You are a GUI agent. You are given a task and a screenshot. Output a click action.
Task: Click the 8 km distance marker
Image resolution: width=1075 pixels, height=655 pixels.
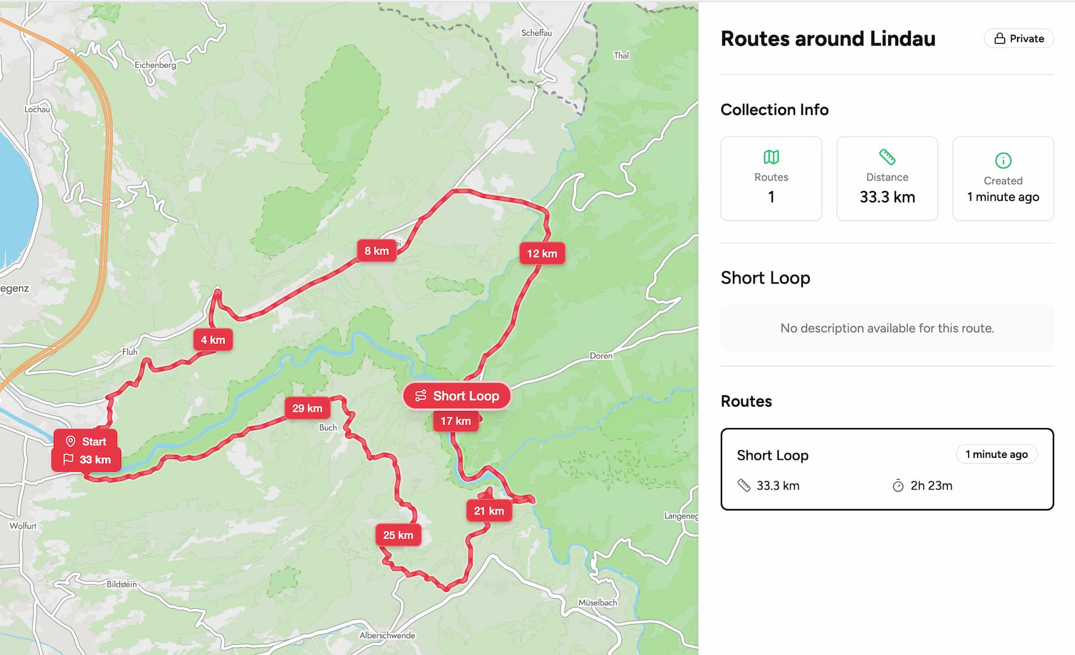click(376, 251)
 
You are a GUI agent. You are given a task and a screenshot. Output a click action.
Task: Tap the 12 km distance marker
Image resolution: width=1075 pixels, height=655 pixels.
click(542, 253)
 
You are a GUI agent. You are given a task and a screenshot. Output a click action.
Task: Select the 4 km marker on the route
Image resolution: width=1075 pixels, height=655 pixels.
click(213, 340)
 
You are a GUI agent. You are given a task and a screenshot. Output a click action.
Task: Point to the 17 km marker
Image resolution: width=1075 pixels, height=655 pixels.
click(455, 421)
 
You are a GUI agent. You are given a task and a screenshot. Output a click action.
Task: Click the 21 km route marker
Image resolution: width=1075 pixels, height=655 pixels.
click(489, 511)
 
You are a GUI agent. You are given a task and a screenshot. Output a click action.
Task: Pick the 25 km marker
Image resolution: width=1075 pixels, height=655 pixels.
click(398, 535)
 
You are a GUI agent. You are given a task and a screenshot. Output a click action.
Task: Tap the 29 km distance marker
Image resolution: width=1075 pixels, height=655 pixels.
click(307, 408)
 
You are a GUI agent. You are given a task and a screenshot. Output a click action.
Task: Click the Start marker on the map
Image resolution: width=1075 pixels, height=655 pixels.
click(86, 441)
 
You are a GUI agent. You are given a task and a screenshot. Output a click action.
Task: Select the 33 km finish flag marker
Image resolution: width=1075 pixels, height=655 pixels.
click(87, 460)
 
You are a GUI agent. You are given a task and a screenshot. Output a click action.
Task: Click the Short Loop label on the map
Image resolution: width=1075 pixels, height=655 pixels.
click(457, 396)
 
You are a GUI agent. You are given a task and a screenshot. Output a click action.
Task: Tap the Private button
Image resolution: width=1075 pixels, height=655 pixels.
click(1019, 39)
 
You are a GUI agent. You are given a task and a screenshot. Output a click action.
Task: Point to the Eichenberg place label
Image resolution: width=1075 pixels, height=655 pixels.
click(155, 65)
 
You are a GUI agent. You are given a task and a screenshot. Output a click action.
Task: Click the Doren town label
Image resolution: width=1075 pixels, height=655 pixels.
click(601, 356)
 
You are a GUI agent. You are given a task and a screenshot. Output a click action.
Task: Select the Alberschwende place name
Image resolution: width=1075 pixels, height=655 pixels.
click(387, 635)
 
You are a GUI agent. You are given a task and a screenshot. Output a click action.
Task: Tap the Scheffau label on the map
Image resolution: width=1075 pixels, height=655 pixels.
click(536, 33)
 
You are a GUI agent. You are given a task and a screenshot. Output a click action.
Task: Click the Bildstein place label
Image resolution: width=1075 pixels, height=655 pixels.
click(122, 584)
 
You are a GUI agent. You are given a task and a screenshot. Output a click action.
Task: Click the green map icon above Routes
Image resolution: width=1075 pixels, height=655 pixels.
click(771, 157)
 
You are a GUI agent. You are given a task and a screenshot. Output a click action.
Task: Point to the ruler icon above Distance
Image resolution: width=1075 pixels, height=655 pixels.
click(887, 157)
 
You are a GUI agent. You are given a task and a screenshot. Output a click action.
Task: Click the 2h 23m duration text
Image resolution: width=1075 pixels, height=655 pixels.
click(931, 486)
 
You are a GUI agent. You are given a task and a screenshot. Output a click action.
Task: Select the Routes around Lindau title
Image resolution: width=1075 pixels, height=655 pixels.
click(828, 39)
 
